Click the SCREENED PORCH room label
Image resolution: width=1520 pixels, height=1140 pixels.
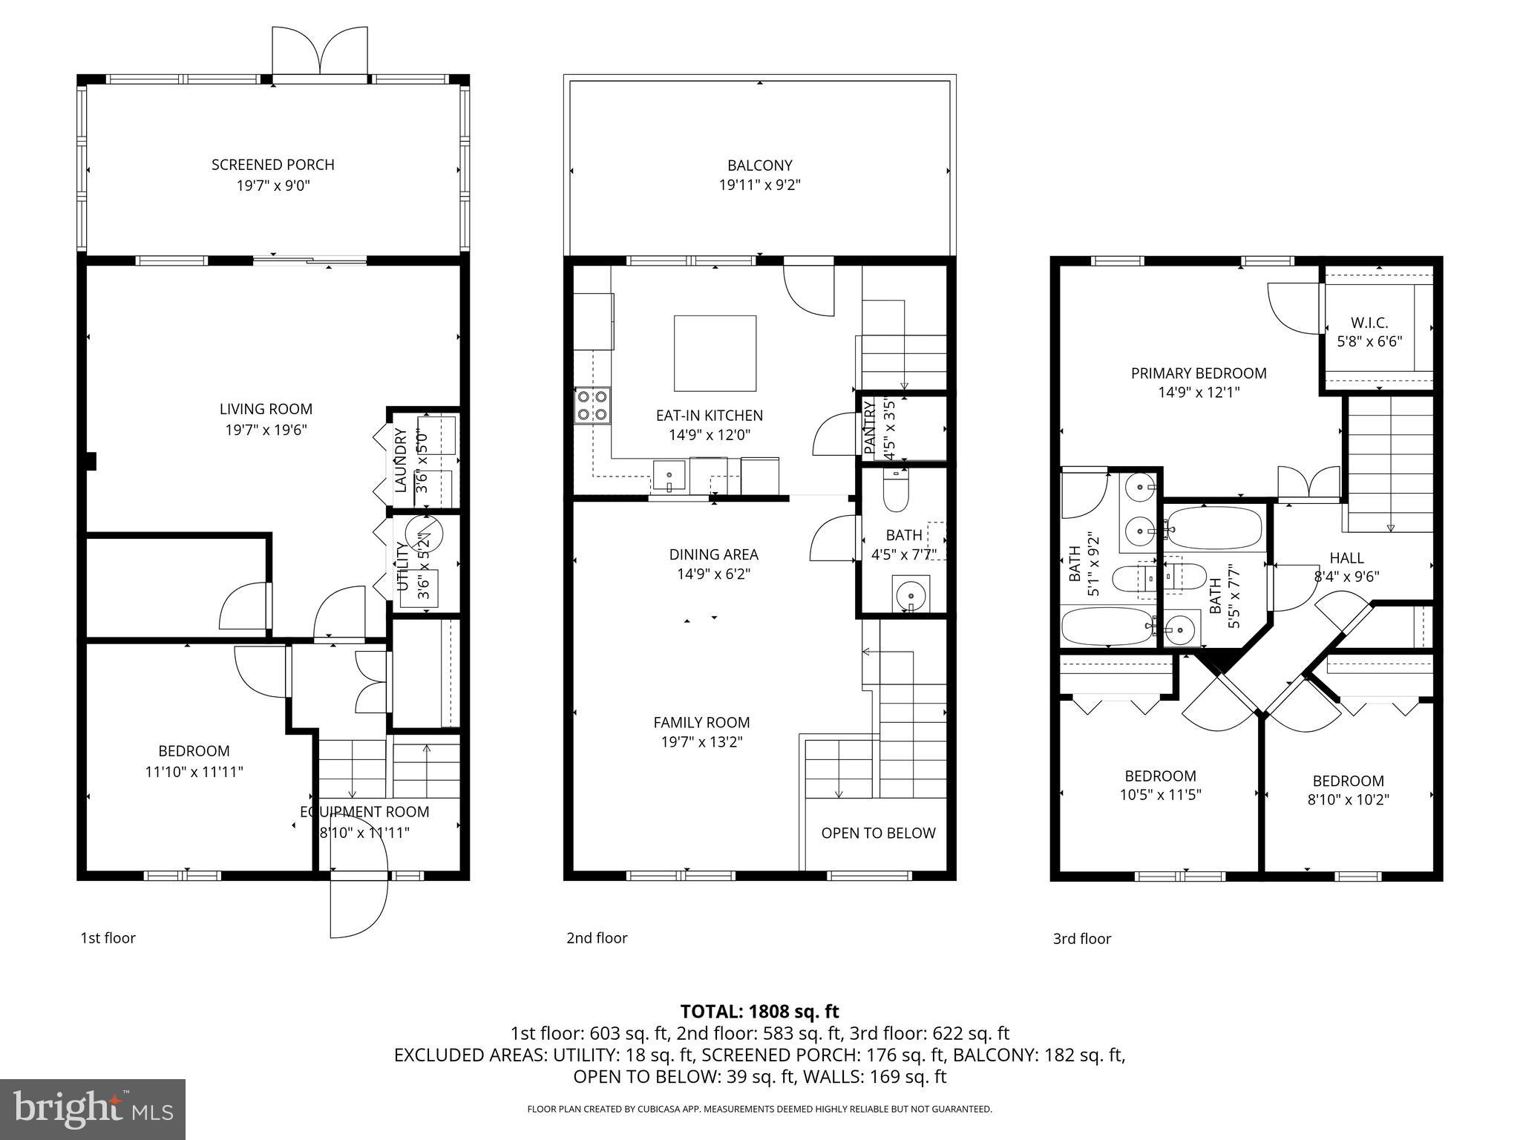[x=272, y=165]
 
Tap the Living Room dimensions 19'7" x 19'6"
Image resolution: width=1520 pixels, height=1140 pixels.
[x=266, y=430]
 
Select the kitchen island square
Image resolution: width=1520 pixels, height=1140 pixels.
[x=715, y=353]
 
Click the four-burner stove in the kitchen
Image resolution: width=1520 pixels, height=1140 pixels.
[x=592, y=406]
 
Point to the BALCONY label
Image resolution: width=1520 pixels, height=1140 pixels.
[x=759, y=166]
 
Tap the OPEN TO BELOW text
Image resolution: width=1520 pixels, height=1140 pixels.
[x=878, y=833]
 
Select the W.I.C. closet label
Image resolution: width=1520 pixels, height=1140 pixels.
[x=1369, y=323]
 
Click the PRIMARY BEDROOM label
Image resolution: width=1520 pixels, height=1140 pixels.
[x=1198, y=373]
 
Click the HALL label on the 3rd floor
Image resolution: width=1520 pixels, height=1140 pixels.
[x=1346, y=558]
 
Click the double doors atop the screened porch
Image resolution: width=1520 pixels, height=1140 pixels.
[x=319, y=52]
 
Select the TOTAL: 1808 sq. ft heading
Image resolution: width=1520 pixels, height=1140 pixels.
[x=759, y=1011]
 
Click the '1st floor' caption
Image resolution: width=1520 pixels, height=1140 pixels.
[x=108, y=938]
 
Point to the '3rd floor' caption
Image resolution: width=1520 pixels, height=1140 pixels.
[x=1081, y=939]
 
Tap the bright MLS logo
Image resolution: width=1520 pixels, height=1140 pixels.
[x=93, y=1110]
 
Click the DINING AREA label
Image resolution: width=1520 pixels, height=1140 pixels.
[x=713, y=554]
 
